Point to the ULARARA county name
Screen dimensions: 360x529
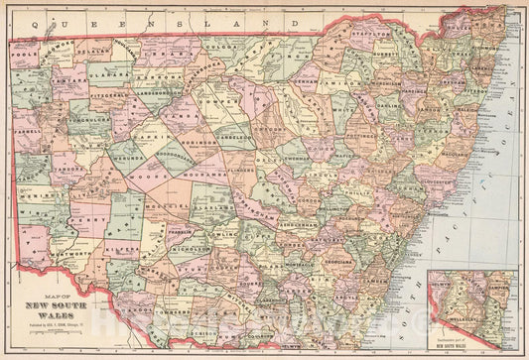click(110, 73)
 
